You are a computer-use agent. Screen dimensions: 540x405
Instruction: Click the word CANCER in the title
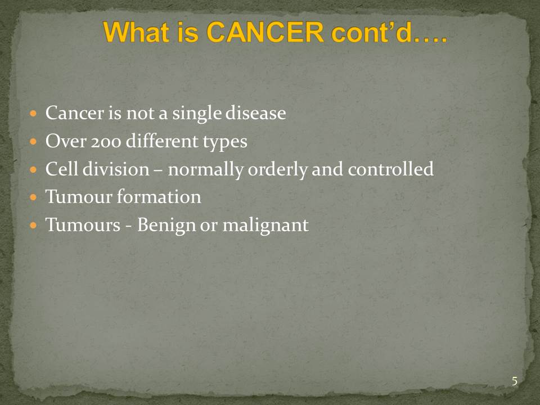click(x=265, y=32)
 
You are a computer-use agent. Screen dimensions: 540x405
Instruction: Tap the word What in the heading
click(x=136, y=32)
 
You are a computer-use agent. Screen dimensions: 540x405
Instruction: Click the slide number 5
click(x=515, y=381)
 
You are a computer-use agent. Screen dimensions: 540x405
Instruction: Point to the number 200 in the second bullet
click(x=106, y=141)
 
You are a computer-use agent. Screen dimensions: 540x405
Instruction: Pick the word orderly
click(x=277, y=170)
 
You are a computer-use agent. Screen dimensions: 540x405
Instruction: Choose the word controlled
click(x=390, y=169)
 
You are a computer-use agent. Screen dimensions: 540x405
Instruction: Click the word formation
click(x=159, y=197)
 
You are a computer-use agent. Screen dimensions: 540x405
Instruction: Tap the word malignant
click(x=265, y=226)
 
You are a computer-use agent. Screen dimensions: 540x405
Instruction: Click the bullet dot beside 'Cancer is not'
click(x=33, y=113)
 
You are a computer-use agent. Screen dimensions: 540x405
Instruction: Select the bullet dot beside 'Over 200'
click(x=33, y=141)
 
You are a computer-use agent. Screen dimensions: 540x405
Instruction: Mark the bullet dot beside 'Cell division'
click(x=33, y=169)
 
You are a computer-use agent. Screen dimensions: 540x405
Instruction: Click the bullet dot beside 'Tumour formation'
click(x=33, y=197)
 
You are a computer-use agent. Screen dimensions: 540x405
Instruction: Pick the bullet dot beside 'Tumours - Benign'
click(x=33, y=226)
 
